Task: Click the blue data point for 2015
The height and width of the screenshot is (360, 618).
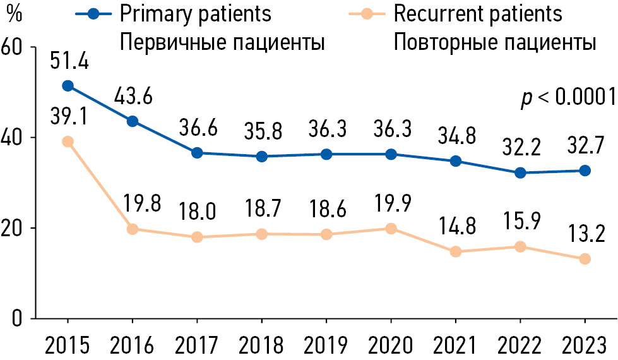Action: [x=68, y=86]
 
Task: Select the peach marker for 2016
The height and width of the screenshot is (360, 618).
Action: [x=133, y=229]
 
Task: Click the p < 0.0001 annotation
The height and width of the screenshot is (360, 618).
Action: [x=567, y=98]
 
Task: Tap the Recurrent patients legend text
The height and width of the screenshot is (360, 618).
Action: [x=477, y=13]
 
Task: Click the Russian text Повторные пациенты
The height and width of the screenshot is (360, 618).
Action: [x=494, y=43]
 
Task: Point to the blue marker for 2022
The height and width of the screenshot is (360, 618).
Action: [x=520, y=172]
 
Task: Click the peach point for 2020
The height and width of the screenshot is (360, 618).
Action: [x=391, y=229]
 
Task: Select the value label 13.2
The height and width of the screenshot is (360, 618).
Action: [x=585, y=235]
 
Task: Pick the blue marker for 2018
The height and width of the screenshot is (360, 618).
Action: [x=261, y=157]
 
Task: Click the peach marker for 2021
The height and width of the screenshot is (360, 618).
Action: [x=456, y=251]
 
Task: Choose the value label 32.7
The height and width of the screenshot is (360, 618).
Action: [x=585, y=147]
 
